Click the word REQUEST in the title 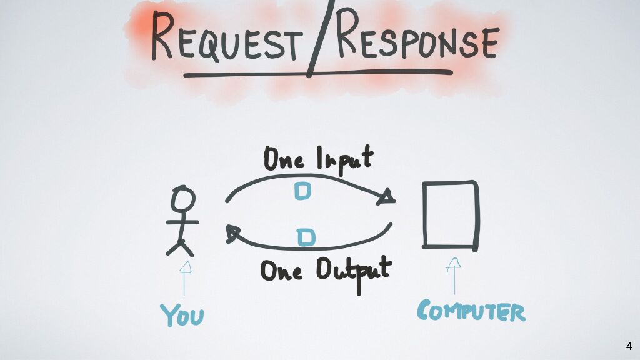[x=224, y=39]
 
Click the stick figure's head [x=183, y=200]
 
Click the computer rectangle [x=450, y=214]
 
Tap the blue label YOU [x=182, y=315]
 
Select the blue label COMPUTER [x=471, y=311]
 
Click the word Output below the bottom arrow [x=353, y=271]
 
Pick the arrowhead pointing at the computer [x=387, y=197]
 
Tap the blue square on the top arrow [x=302, y=191]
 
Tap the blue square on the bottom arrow [x=306, y=237]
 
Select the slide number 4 [x=629, y=346]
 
